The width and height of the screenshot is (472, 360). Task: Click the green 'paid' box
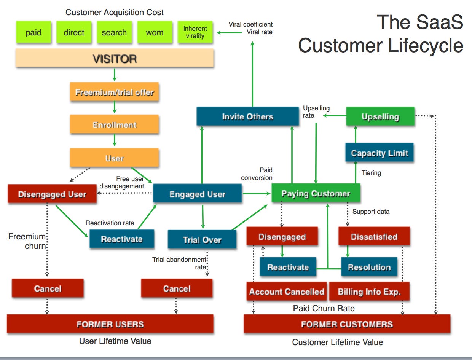click(x=33, y=32)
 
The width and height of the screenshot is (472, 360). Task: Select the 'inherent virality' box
click(x=195, y=32)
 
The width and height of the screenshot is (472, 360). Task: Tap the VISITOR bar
click(x=115, y=59)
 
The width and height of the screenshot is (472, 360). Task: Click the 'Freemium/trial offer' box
click(x=114, y=92)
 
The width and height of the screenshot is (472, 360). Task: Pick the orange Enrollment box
click(x=114, y=125)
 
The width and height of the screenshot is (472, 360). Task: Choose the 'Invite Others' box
click(x=247, y=116)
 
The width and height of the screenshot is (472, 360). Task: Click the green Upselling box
click(x=380, y=116)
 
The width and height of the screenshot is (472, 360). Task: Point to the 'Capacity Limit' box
click(x=379, y=153)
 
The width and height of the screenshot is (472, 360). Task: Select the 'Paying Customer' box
click(x=316, y=193)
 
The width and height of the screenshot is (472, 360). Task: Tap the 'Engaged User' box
click(x=197, y=194)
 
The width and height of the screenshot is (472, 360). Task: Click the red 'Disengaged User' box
click(x=52, y=194)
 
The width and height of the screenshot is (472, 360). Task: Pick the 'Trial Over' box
click(x=202, y=240)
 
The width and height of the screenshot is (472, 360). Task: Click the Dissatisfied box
click(x=374, y=237)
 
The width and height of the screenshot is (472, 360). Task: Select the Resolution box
click(x=369, y=267)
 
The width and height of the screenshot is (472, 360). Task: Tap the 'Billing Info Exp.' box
click(x=369, y=292)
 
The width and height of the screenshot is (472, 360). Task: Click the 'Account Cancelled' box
click(x=286, y=292)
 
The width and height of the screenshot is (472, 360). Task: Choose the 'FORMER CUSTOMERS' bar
click(x=346, y=324)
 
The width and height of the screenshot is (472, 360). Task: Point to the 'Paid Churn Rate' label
click(x=324, y=308)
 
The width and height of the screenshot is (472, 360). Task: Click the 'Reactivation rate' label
click(x=110, y=223)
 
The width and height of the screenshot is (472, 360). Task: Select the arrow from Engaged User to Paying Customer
click(x=257, y=194)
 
